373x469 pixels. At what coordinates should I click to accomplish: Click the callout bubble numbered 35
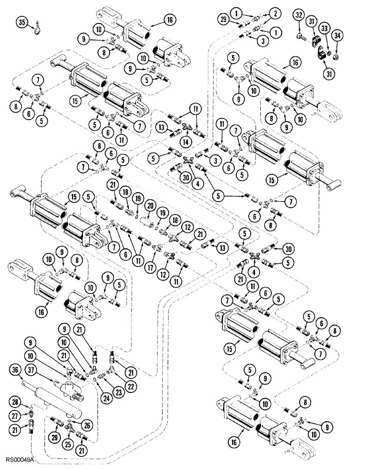(x=21, y=22)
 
